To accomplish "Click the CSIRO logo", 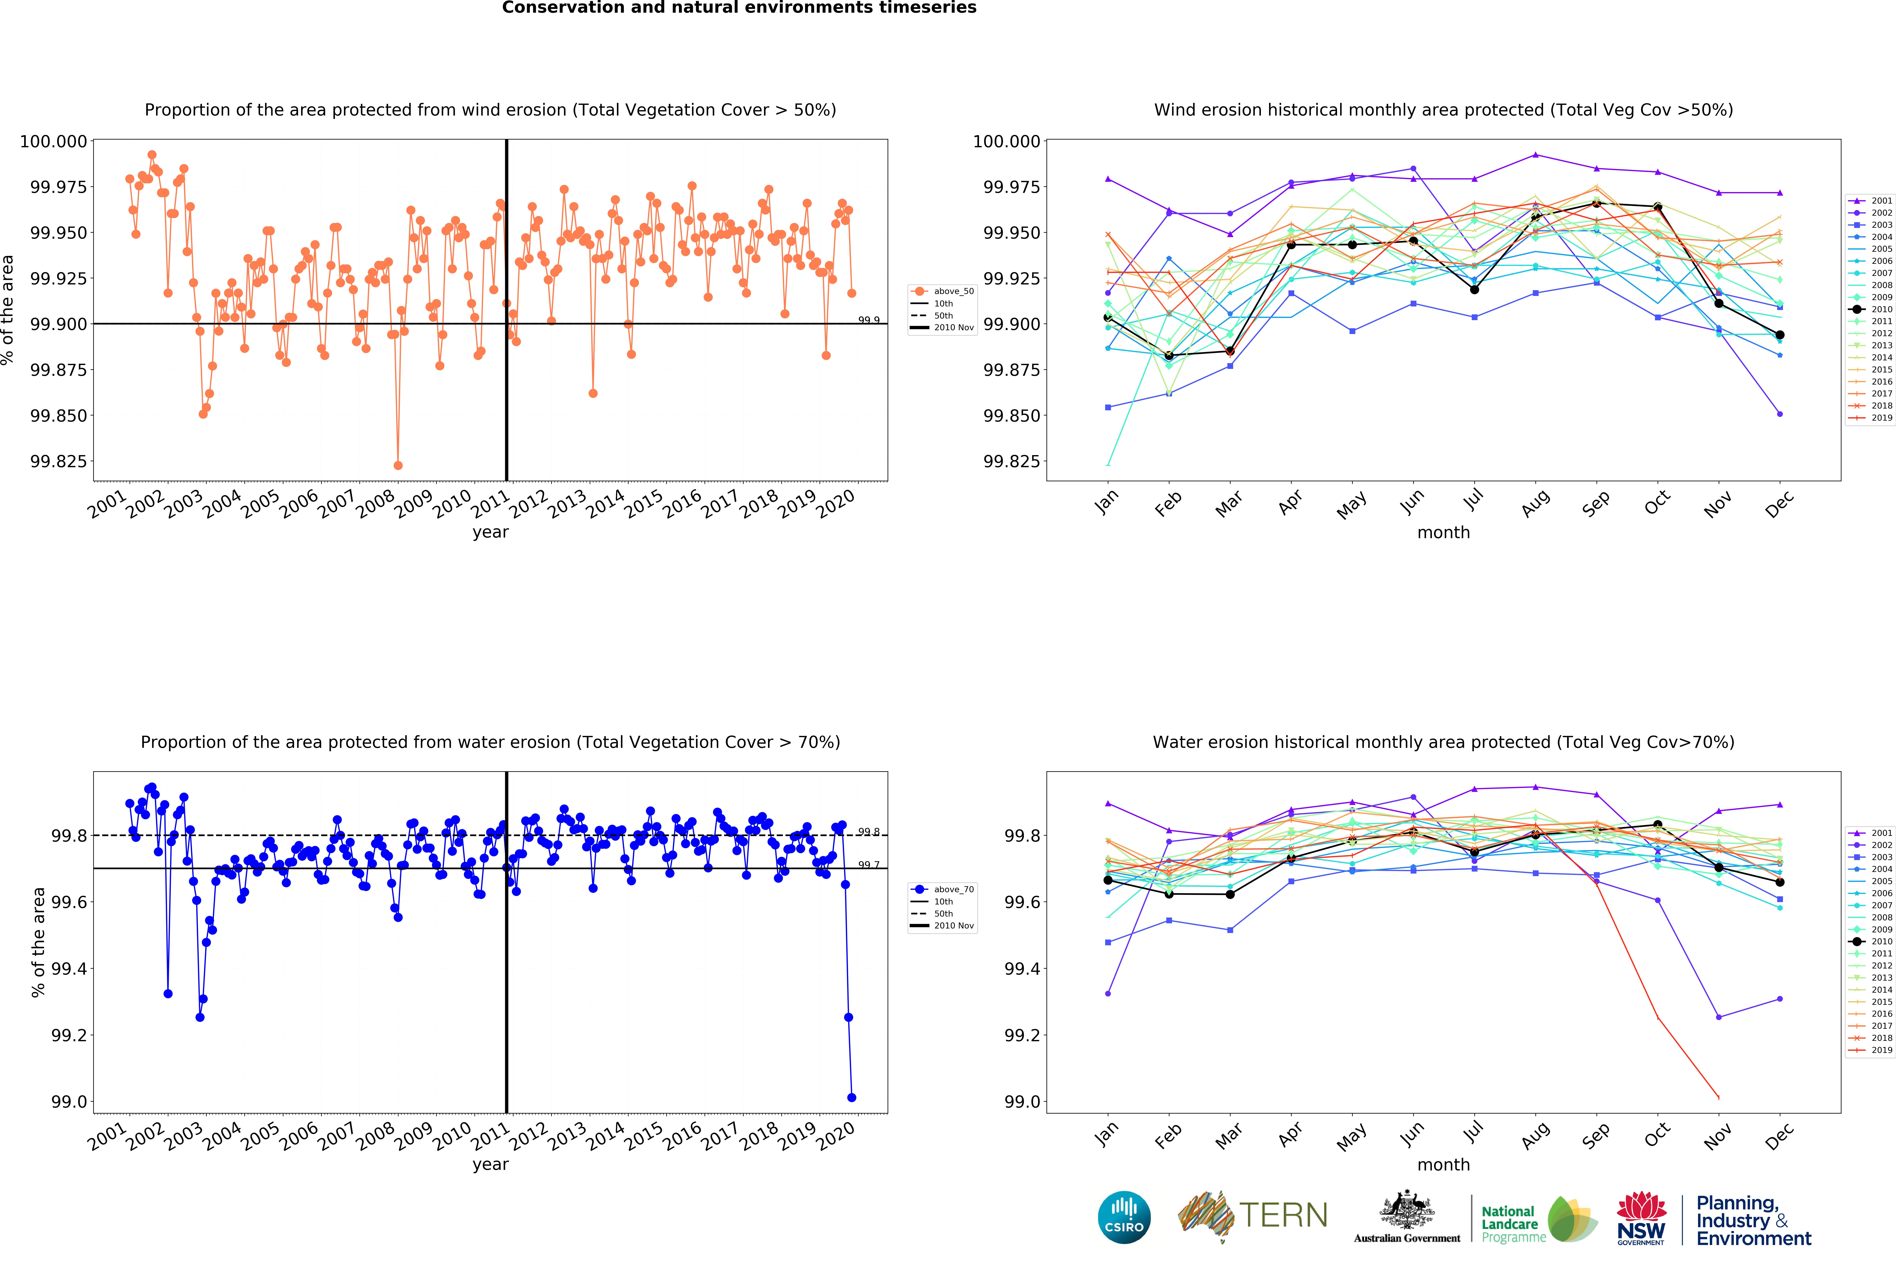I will click(x=1124, y=1217).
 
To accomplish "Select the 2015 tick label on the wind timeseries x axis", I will click(x=644, y=504).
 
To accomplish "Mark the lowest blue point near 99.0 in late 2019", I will click(x=852, y=1097).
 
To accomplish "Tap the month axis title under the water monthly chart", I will click(x=1444, y=1164).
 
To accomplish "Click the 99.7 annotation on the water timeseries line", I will click(x=868, y=865).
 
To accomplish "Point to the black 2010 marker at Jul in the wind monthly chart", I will click(x=1474, y=289).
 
